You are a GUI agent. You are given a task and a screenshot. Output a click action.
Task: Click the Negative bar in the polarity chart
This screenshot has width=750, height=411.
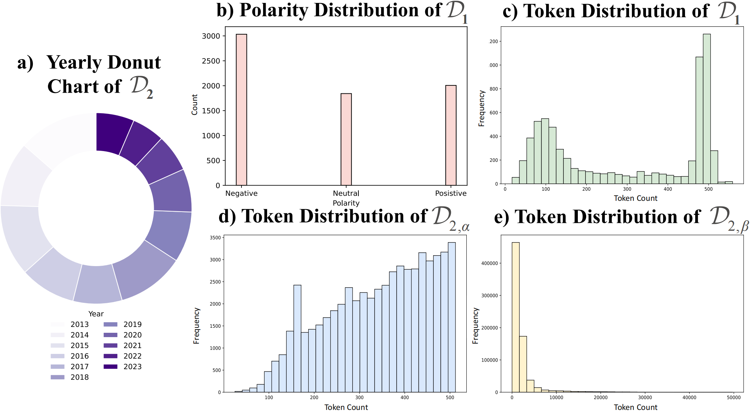(241, 110)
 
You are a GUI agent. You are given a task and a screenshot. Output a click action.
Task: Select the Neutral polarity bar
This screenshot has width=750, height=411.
(346, 139)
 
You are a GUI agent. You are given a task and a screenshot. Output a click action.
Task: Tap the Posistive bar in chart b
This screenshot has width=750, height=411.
(451, 135)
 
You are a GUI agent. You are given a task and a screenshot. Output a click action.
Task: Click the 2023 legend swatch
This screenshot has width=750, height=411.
(110, 367)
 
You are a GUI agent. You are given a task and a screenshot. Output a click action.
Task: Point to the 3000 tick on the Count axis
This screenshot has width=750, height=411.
(211, 36)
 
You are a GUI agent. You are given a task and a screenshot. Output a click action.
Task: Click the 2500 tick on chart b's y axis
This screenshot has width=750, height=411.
(211, 61)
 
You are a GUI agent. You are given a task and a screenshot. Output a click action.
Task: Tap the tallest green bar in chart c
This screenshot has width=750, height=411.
(707, 108)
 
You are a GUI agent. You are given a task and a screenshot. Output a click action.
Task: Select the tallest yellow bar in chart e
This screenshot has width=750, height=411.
(516, 317)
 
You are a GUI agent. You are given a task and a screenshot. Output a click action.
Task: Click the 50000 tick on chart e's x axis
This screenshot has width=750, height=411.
(733, 397)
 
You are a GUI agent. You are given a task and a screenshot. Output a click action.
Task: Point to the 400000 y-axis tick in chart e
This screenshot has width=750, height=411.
(489, 263)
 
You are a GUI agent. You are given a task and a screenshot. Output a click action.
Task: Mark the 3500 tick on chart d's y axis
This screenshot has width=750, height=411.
(215, 238)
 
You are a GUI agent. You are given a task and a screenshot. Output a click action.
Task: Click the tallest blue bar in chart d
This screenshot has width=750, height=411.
(452, 317)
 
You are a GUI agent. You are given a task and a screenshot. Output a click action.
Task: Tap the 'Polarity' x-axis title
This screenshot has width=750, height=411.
(346, 203)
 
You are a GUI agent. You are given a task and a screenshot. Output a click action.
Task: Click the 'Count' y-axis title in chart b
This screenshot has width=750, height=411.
(195, 105)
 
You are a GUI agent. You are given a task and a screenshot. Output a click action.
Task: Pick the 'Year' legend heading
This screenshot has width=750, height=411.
(96, 314)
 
